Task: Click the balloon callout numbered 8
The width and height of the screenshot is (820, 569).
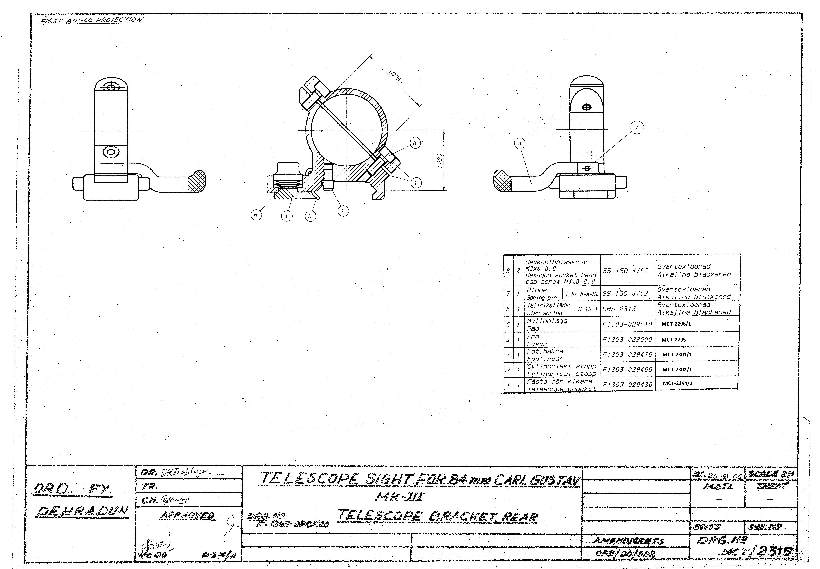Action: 415,143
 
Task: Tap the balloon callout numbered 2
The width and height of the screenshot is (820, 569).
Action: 343,211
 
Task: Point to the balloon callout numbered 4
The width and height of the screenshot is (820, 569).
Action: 520,144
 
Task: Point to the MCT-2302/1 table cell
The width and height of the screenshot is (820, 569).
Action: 677,370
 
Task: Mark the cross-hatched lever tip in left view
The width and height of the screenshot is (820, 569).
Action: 197,181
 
